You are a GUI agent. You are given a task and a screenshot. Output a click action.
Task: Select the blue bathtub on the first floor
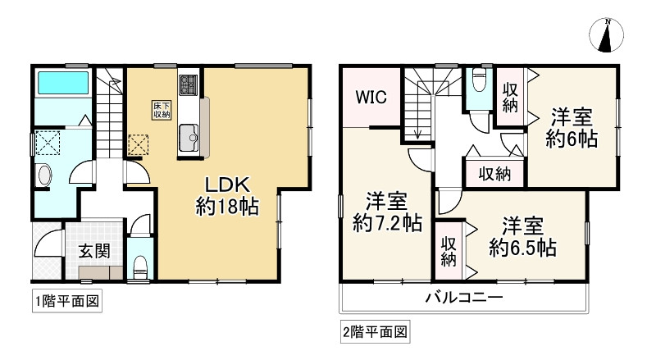[62, 83]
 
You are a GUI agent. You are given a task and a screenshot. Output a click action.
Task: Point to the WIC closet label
[371, 96]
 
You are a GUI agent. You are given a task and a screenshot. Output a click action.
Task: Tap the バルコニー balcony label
[463, 298]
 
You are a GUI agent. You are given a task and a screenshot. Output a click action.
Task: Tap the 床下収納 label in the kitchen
[160, 110]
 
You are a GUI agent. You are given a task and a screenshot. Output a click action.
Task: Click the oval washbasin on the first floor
[45, 175]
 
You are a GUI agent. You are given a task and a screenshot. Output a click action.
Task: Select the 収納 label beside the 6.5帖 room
[448, 253]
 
